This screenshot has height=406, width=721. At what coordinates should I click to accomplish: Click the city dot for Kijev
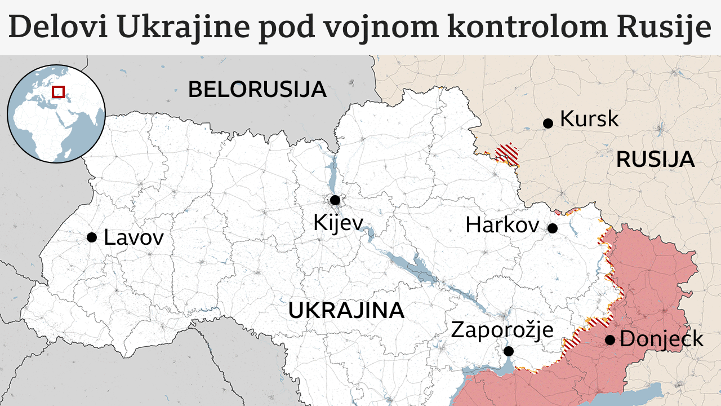(x=335, y=200)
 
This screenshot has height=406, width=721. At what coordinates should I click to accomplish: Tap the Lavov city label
(x=133, y=237)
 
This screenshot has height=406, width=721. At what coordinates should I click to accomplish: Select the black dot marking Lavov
(x=92, y=237)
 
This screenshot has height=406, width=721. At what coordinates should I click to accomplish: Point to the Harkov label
(x=502, y=226)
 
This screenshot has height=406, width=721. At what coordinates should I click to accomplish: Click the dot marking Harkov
(x=553, y=228)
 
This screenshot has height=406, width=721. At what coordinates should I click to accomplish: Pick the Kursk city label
(x=589, y=119)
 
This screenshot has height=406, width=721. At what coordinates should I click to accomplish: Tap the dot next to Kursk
(x=548, y=123)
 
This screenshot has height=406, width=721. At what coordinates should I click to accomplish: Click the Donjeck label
(x=661, y=339)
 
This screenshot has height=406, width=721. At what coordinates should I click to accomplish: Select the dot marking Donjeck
(x=609, y=340)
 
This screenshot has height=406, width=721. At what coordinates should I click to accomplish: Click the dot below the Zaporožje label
(x=509, y=351)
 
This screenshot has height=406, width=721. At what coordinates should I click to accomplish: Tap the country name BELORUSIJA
(x=257, y=90)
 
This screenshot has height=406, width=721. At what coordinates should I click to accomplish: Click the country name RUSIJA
(x=655, y=160)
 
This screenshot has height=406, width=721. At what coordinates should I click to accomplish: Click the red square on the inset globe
(x=59, y=91)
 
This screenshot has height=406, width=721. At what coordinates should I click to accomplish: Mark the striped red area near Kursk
(x=507, y=154)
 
